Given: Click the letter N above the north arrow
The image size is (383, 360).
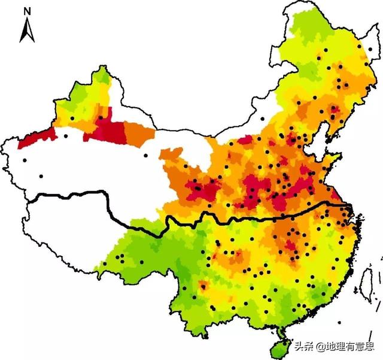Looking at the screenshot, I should pos(26,11).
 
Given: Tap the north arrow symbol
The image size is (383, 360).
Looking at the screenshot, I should pos(26,31).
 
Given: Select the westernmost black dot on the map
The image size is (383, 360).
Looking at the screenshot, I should pos(25,160).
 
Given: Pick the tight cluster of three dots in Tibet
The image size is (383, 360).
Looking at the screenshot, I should pos(120,258).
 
